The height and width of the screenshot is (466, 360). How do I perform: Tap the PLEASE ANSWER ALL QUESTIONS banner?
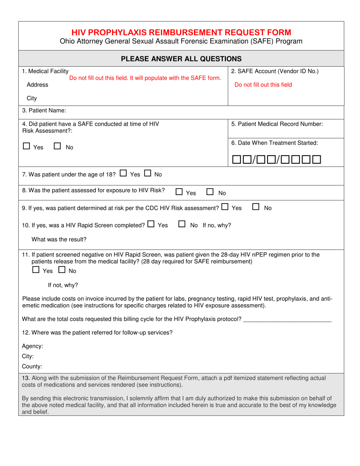(181, 58)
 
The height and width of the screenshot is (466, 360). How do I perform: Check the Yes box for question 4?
(27, 146)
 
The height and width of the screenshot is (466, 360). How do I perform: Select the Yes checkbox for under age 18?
(123, 174)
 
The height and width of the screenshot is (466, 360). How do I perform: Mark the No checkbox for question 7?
(148, 174)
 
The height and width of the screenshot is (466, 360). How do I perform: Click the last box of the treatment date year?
(317, 160)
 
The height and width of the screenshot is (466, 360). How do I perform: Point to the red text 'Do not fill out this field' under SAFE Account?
(263, 85)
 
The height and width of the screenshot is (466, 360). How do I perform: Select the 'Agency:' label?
(33, 346)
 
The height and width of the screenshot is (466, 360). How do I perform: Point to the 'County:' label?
(32, 366)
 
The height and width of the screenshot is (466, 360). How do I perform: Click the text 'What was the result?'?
(59, 239)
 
